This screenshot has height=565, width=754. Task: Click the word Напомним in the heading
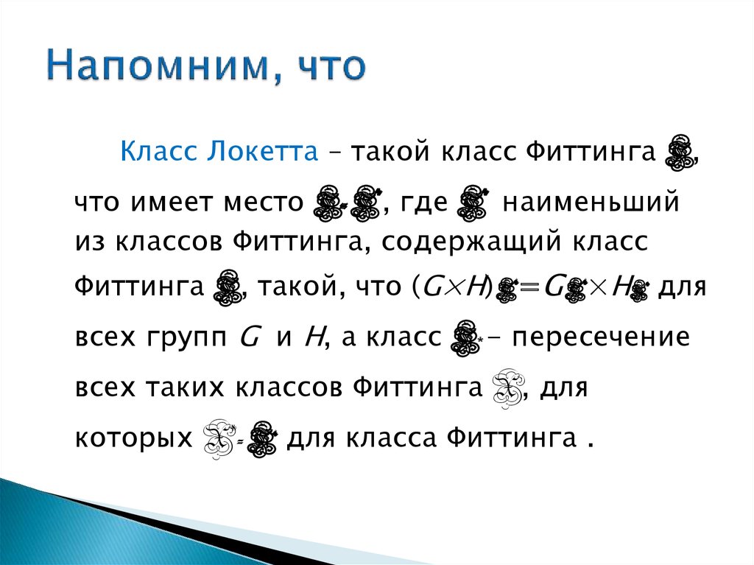[154, 67]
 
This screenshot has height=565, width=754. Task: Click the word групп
[190, 338]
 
